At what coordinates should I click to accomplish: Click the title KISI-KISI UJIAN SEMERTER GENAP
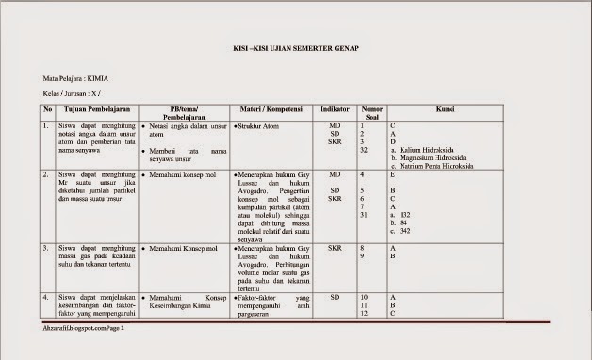click(x=296, y=48)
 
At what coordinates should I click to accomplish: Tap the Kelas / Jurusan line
click(x=73, y=95)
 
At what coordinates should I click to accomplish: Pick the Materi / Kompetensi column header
click(x=271, y=109)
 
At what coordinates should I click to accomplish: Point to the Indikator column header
click(x=335, y=109)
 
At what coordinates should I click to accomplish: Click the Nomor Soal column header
click(x=372, y=113)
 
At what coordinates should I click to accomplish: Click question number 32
click(x=365, y=150)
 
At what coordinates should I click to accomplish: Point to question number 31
click(x=365, y=215)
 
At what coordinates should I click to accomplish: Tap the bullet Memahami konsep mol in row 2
click(x=184, y=174)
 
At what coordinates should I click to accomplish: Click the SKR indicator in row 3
click(x=335, y=248)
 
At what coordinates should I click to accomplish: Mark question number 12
click(x=365, y=313)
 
